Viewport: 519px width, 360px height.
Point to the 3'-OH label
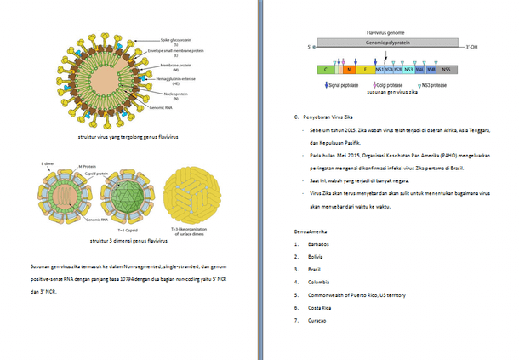tap(461, 46)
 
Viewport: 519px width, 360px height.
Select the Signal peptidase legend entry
tap(341, 85)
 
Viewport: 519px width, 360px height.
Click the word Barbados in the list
tap(307, 244)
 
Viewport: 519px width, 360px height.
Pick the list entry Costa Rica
tap(309, 308)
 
